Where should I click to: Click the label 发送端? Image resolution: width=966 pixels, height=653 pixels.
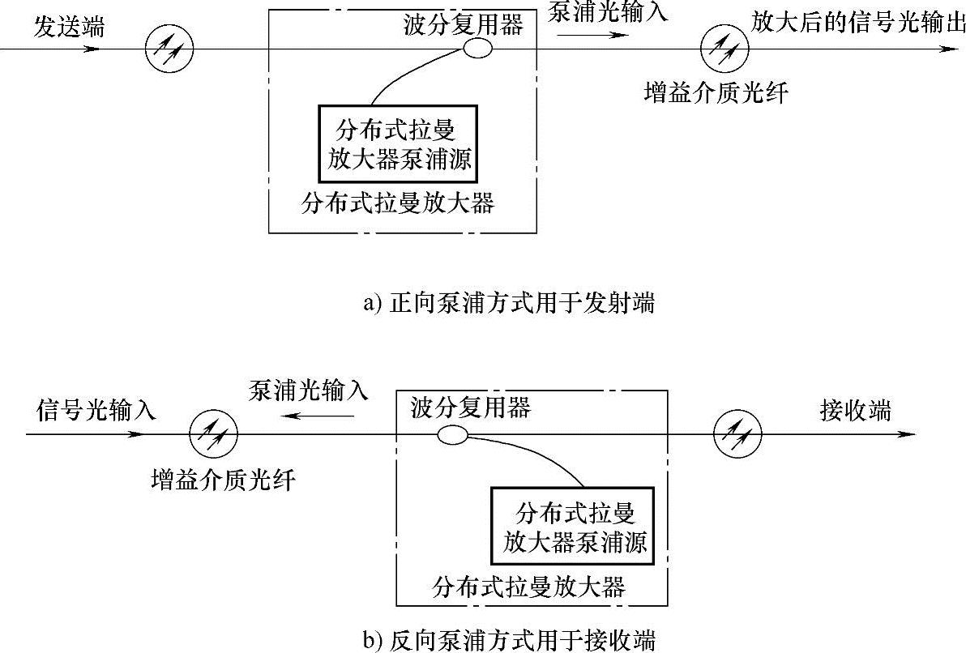click(69, 28)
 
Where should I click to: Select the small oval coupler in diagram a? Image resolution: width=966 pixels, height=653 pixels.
click(477, 49)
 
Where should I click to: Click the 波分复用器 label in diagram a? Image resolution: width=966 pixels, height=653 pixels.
click(463, 24)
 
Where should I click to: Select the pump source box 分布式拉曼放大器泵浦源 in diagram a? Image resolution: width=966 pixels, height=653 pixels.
click(396, 144)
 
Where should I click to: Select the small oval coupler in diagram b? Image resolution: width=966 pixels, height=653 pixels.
click(452, 435)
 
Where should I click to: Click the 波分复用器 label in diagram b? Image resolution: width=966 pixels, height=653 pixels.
click(471, 408)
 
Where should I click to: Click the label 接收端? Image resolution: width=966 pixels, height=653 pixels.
click(855, 411)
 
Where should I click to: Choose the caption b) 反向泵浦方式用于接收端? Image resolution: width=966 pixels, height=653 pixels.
click(509, 639)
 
